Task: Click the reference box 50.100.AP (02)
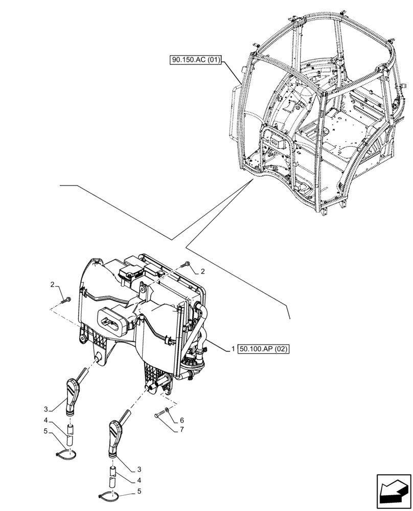263,350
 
